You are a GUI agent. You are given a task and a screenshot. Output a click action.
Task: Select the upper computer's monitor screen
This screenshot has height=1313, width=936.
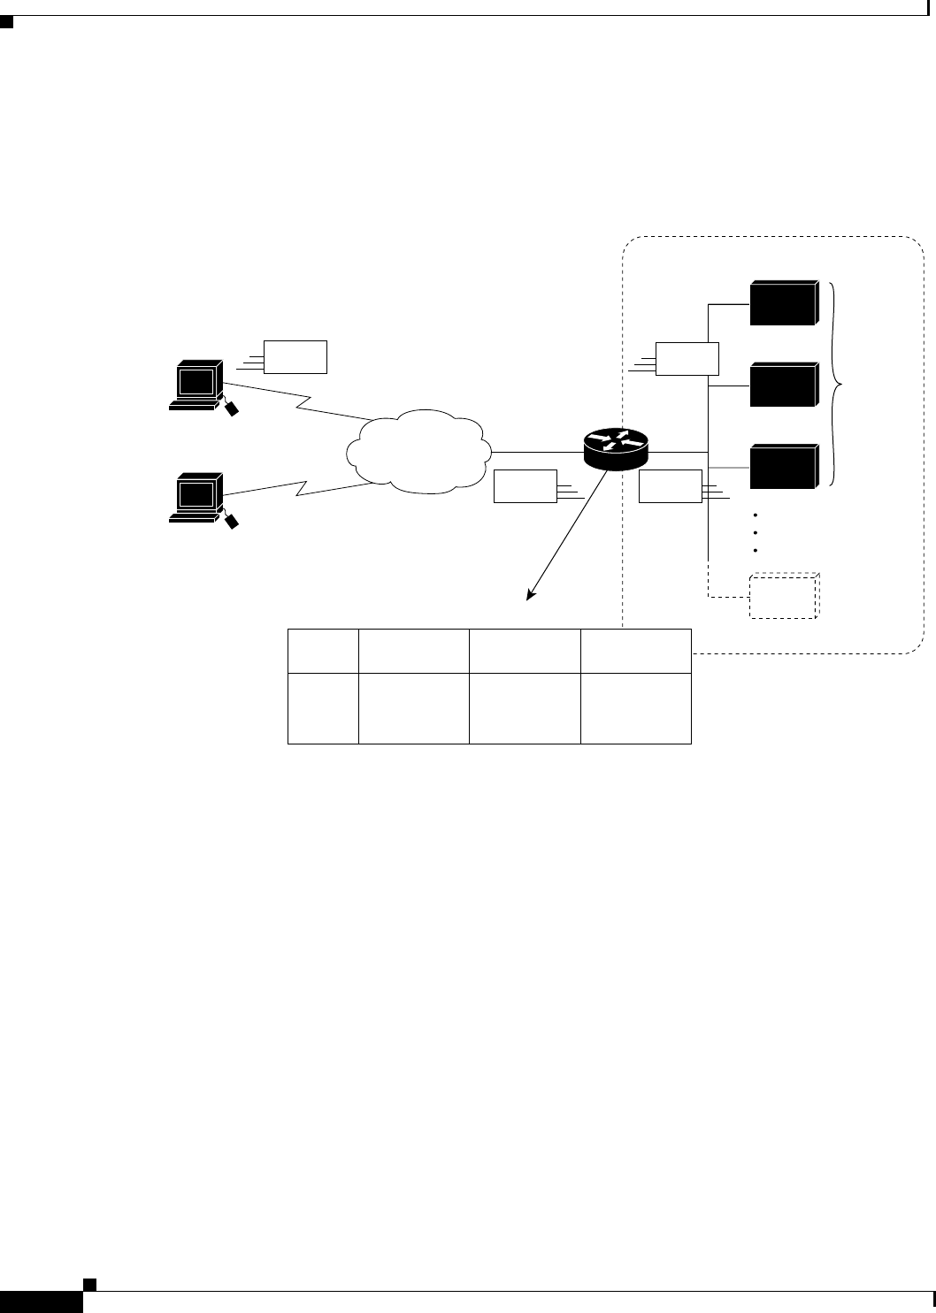coord(197,381)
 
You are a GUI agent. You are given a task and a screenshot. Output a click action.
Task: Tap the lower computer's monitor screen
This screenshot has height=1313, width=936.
coord(197,492)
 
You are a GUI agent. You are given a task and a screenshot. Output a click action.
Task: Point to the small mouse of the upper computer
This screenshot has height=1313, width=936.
coord(232,408)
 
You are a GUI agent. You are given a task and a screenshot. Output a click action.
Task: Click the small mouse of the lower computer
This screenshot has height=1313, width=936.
coord(233,522)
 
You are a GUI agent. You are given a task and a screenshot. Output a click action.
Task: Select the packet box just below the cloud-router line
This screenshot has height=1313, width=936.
coord(525,487)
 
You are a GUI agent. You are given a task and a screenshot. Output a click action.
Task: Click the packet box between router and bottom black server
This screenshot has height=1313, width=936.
coord(670,487)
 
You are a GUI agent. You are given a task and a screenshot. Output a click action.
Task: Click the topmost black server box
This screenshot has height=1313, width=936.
coord(782,303)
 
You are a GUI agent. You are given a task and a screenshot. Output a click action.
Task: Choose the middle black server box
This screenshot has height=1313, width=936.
coord(782,384)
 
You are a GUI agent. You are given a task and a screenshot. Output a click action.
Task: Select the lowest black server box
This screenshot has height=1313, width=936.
coord(782,466)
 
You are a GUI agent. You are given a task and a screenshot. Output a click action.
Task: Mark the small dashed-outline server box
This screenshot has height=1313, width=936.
coord(782,597)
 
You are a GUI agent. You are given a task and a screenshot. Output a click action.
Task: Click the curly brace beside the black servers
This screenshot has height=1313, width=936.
coord(837,385)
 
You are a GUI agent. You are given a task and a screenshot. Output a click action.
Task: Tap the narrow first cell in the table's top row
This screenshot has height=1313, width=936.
coord(323,651)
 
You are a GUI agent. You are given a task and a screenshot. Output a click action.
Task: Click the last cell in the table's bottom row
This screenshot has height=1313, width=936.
coord(635,708)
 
